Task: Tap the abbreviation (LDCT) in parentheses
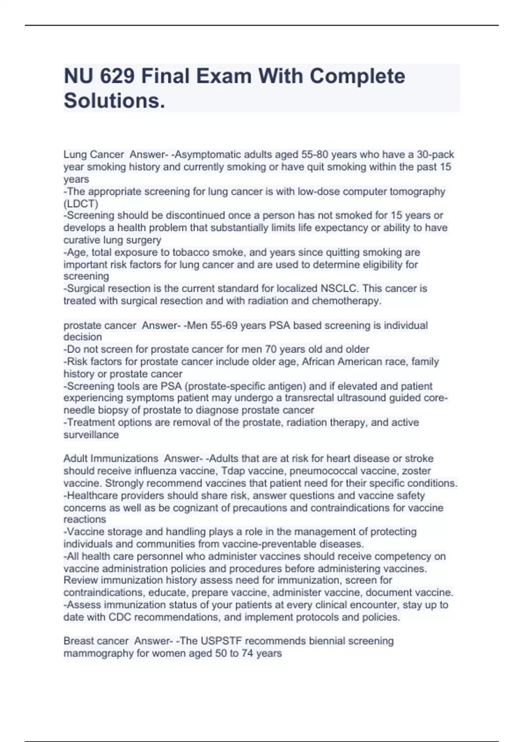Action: (81, 203)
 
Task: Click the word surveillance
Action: (91, 435)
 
